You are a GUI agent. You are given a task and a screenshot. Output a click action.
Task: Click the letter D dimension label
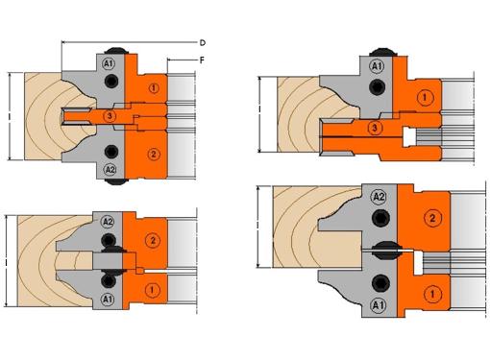tap(203, 42)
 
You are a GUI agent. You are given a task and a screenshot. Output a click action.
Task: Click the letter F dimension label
tap(202, 60)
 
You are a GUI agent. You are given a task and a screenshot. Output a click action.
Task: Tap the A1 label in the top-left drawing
tap(109, 63)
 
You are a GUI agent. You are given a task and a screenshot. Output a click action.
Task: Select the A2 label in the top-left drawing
tap(110, 169)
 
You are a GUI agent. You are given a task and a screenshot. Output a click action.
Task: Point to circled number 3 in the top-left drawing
tap(110, 116)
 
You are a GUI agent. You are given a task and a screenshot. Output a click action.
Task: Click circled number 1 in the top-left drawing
tap(154, 88)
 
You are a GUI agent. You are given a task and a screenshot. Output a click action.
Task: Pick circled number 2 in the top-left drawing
tap(154, 155)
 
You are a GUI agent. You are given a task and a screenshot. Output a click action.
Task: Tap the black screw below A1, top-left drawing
tap(110, 81)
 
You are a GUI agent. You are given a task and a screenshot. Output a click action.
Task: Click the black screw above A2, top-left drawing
tap(110, 152)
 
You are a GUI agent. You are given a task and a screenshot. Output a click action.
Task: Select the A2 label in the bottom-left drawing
tap(108, 222)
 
